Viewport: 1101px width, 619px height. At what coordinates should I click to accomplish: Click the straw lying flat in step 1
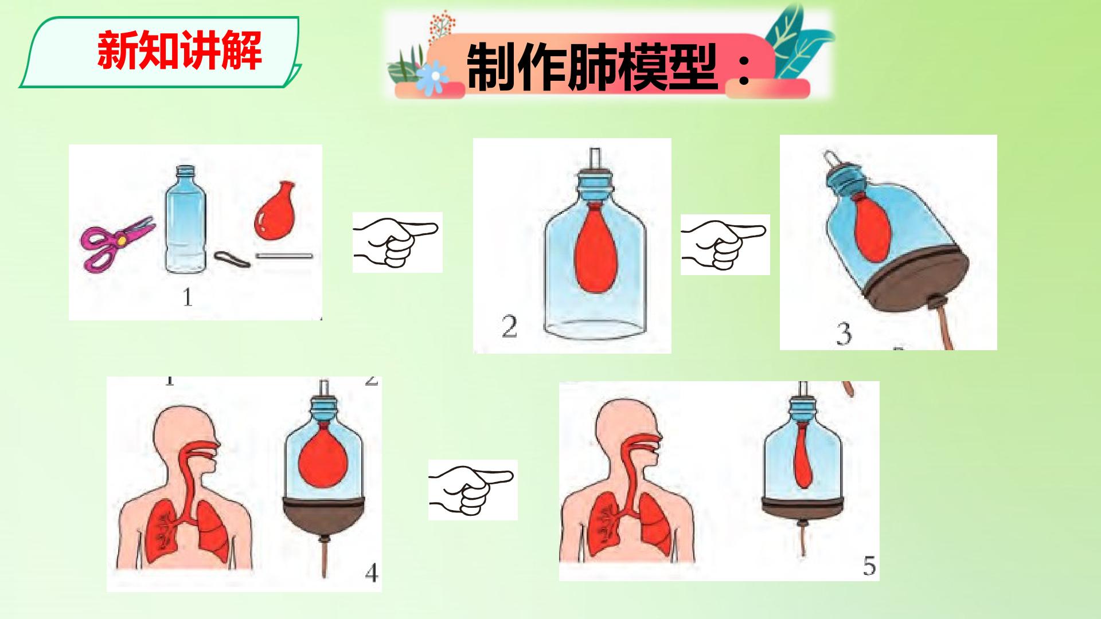point(284,255)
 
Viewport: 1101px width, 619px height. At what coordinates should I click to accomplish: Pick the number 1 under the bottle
point(187,297)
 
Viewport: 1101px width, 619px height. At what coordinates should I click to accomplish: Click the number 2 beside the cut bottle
point(509,327)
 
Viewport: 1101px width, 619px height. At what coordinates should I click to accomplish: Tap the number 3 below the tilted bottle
point(844,334)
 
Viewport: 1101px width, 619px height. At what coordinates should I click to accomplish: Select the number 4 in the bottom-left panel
point(372,572)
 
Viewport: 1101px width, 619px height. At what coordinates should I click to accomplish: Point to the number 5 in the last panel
point(869,566)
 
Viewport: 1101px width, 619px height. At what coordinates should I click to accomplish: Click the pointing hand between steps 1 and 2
point(397,242)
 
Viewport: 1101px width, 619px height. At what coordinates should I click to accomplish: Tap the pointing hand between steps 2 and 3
point(725,244)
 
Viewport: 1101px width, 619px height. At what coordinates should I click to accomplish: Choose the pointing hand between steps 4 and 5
point(473,489)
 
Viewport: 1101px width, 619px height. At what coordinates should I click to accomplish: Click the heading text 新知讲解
point(179,51)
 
